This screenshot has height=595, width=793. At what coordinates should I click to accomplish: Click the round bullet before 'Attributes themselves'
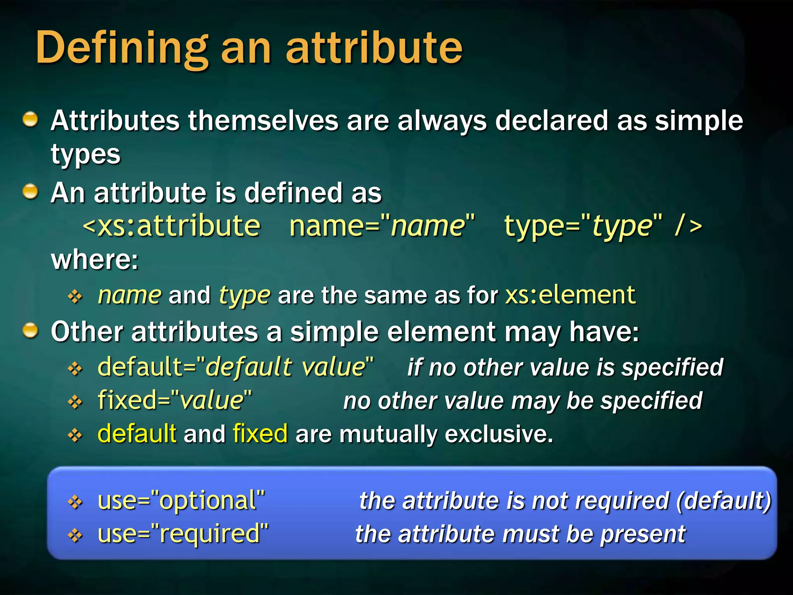click(30, 119)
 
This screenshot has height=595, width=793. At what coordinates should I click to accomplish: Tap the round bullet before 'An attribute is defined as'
click(30, 191)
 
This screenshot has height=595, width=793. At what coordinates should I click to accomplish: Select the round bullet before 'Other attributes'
click(30, 331)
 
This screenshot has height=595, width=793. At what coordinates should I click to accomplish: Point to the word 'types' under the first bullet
click(86, 155)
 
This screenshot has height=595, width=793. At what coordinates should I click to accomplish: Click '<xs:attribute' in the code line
click(172, 226)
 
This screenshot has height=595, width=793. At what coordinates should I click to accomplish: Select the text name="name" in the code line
click(382, 226)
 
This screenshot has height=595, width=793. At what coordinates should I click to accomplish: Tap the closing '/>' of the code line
click(688, 226)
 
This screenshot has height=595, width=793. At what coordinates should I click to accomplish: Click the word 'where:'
click(94, 260)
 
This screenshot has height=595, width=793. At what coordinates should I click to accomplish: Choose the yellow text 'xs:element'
click(570, 295)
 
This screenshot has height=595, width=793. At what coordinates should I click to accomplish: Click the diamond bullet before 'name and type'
click(75, 297)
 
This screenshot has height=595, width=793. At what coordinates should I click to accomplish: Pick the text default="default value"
click(235, 367)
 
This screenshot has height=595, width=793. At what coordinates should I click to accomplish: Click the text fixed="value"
click(175, 400)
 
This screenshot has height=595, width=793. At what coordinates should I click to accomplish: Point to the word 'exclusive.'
click(499, 434)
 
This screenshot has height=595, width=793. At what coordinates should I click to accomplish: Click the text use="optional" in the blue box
click(181, 500)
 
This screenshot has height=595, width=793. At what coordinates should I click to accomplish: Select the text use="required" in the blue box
click(183, 534)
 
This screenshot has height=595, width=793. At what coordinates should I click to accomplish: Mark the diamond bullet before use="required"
click(75, 535)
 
